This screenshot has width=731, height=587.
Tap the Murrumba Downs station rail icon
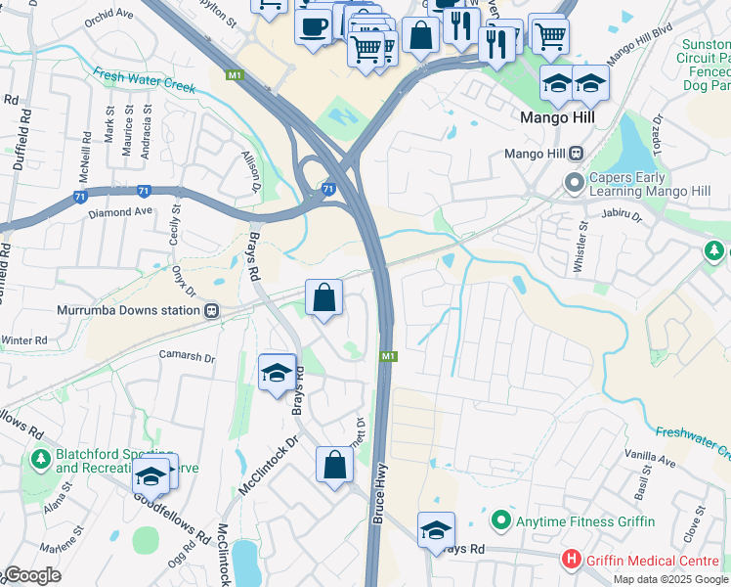[x=210, y=310]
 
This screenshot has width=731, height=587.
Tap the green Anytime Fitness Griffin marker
[x=501, y=519]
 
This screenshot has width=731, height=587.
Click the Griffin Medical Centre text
[x=646, y=560]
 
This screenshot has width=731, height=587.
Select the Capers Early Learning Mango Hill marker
[x=573, y=183]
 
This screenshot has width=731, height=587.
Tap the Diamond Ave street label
[x=120, y=211]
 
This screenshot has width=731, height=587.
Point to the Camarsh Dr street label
[x=187, y=358]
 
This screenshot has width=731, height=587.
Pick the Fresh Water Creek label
[x=145, y=79]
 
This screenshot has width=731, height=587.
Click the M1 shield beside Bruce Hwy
[x=388, y=356]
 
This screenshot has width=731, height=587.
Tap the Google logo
[x=32, y=575]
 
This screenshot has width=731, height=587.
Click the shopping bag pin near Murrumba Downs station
[x=323, y=296]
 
